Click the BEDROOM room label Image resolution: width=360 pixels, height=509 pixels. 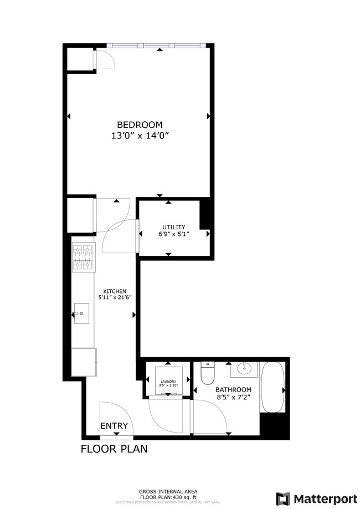[x=139, y=125]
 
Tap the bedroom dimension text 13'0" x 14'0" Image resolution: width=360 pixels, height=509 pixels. [x=139, y=135]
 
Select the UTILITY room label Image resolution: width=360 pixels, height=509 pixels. [x=173, y=227]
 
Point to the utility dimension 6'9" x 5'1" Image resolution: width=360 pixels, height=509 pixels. [x=173, y=234]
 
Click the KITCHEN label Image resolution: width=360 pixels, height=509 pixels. [x=115, y=291]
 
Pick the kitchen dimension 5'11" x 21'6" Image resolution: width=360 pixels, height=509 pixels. [x=115, y=298]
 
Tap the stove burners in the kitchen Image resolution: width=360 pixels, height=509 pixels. [x=83, y=258]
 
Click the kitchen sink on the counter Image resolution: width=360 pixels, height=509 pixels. [x=82, y=315]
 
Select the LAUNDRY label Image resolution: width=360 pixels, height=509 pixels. [x=168, y=382]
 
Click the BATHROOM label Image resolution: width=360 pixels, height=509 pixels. [x=233, y=389]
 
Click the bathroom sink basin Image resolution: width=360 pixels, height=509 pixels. [x=243, y=368]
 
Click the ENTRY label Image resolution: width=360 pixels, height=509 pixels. [x=114, y=426]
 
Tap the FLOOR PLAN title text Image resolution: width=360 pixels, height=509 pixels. [x=114, y=449]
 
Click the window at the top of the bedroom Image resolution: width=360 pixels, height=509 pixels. [x=157, y=45]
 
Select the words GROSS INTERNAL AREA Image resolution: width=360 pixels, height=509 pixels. [x=168, y=491]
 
